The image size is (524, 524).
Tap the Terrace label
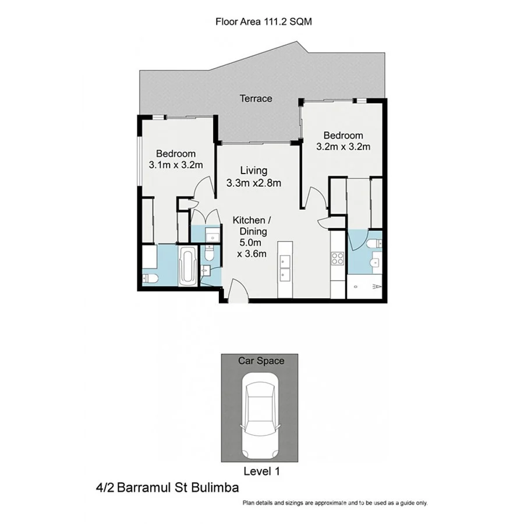tap(256, 98)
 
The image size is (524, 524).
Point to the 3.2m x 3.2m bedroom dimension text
tap(343, 147)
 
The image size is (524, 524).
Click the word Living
tap(254, 171)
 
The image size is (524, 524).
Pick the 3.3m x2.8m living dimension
tap(254, 183)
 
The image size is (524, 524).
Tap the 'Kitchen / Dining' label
tap(252, 226)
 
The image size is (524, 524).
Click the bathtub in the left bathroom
tap(187, 267)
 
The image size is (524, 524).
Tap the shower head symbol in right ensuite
tap(377, 287)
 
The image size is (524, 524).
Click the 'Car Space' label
tap(261, 361)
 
